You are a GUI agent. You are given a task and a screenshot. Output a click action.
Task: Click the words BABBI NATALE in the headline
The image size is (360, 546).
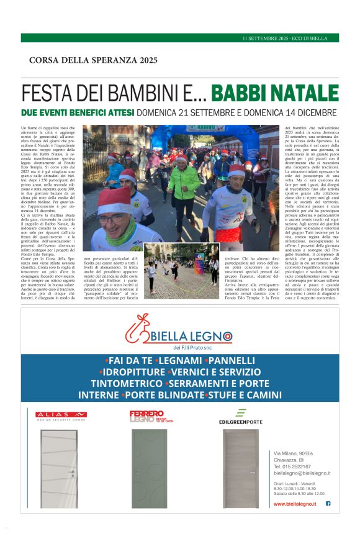(x=274, y=93)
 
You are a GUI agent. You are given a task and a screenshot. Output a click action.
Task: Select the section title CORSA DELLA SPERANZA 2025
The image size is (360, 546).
(x=93, y=60)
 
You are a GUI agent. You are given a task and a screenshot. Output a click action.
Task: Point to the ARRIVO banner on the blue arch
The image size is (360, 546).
(x=197, y=129)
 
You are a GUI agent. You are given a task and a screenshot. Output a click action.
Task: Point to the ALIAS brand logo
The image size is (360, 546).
(x=61, y=414)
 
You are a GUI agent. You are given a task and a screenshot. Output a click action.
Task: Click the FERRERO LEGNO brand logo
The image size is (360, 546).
(x=147, y=416)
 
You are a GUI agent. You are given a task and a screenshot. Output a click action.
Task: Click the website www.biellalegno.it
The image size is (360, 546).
(x=295, y=504)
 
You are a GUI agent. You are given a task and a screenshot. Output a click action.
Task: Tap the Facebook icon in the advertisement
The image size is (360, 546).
(x=328, y=503)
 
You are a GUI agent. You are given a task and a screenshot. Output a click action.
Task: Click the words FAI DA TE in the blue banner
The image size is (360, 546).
(x=130, y=360)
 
